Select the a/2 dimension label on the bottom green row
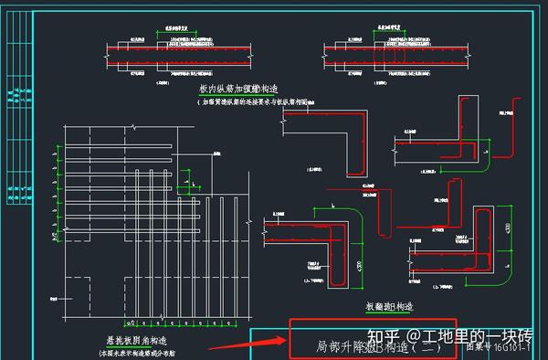[x=132, y=323]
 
